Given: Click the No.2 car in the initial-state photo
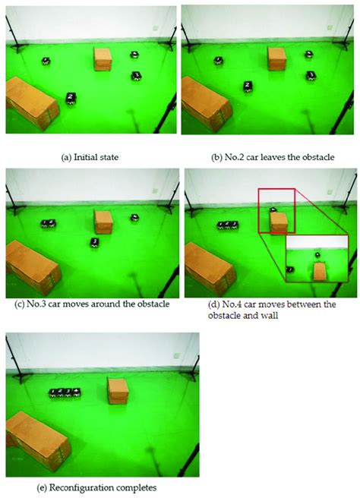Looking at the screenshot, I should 70,97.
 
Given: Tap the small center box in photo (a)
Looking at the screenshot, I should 102,59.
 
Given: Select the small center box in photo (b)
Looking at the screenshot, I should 276,58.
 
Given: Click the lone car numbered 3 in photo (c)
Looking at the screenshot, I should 93,241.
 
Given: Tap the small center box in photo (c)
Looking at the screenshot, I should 103,222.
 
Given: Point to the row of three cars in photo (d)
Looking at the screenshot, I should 227,225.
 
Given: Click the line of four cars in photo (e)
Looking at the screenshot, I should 65,392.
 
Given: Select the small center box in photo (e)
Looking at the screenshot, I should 117,390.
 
